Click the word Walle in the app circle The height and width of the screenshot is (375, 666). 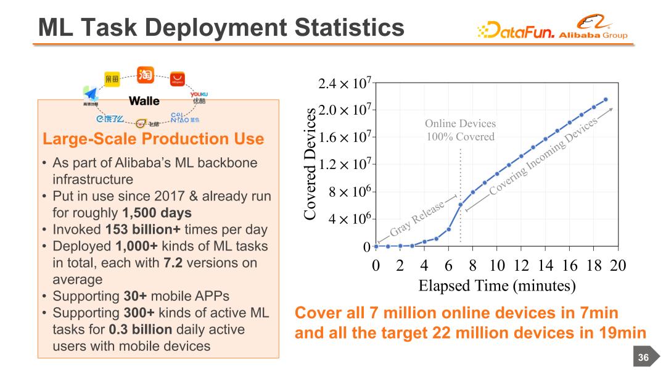(144, 101)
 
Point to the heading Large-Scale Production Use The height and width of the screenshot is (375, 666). (152, 139)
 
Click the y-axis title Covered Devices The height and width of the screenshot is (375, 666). (310, 163)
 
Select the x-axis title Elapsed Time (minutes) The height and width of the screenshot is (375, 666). (496, 286)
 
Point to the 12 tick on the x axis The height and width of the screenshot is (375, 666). (521, 265)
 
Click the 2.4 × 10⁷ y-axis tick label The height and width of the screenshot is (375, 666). (344, 83)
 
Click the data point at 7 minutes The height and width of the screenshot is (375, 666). (461, 205)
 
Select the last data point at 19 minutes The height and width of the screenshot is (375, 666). (606, 99)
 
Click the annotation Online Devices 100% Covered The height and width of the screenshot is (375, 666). (461, 130)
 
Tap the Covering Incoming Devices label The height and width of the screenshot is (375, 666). (543, 158)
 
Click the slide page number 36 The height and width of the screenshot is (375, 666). (643, 358)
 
